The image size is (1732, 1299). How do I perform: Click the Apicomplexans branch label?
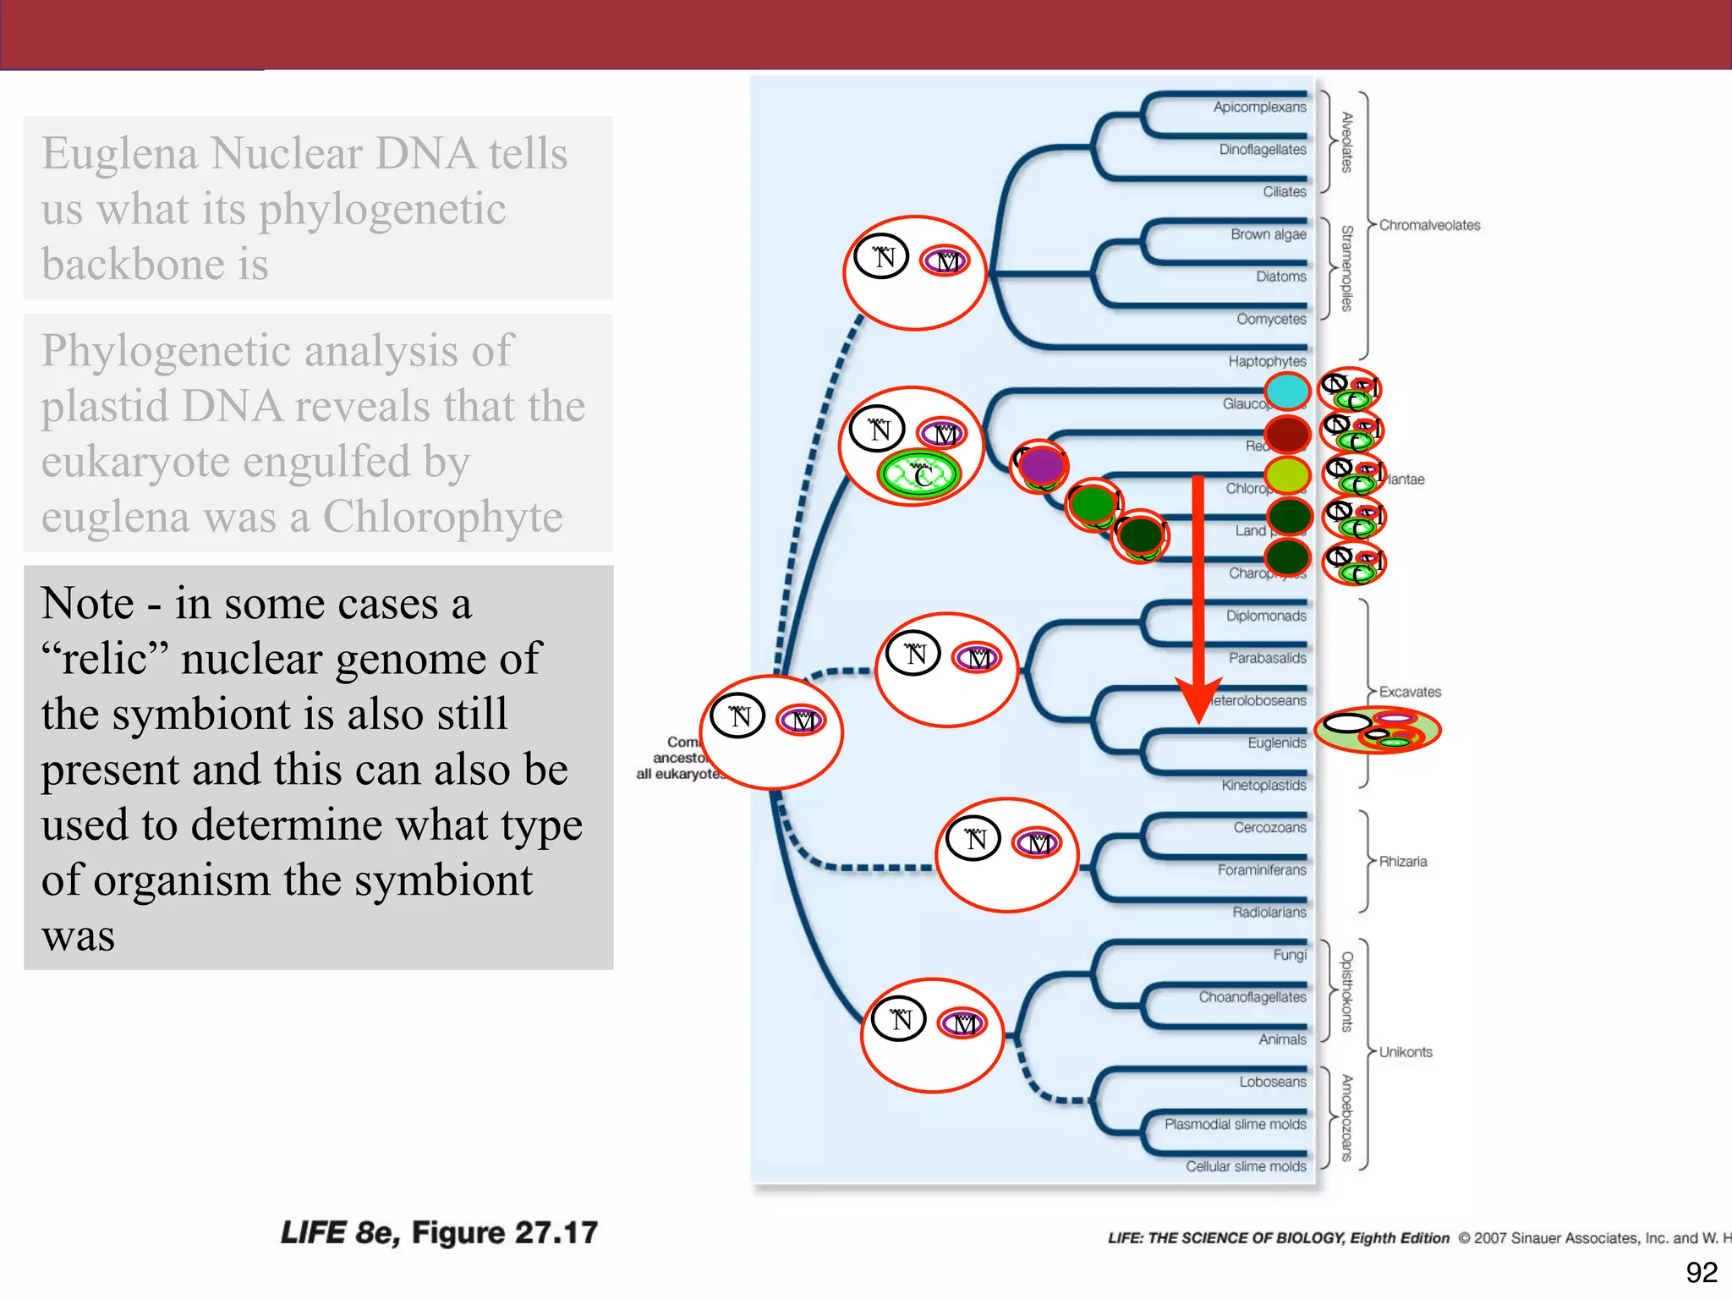1259,107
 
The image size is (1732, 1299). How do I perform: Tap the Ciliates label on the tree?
1284,192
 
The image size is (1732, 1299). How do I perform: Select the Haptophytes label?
1267,361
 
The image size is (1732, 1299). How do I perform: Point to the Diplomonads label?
1265,616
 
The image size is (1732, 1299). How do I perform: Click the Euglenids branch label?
1276,743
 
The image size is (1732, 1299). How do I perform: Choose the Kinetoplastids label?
1263,785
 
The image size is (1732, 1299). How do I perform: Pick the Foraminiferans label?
1261,869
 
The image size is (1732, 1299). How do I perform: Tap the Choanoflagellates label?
1252,997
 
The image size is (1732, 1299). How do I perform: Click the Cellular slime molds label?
1245,1166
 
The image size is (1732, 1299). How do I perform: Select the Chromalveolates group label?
1429,225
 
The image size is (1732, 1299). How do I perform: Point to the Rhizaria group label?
1402,861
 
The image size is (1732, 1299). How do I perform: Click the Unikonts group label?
1406,1052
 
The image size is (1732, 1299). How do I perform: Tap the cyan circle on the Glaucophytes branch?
1287,392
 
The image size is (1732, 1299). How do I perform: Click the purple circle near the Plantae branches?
1041,465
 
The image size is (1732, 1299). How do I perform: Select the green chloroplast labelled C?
918,475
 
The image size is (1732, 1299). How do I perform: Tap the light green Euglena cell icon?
1377,730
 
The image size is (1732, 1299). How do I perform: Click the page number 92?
1701,1272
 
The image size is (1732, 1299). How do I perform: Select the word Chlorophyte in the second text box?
442,517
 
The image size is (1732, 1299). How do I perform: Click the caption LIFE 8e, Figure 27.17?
438,1232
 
